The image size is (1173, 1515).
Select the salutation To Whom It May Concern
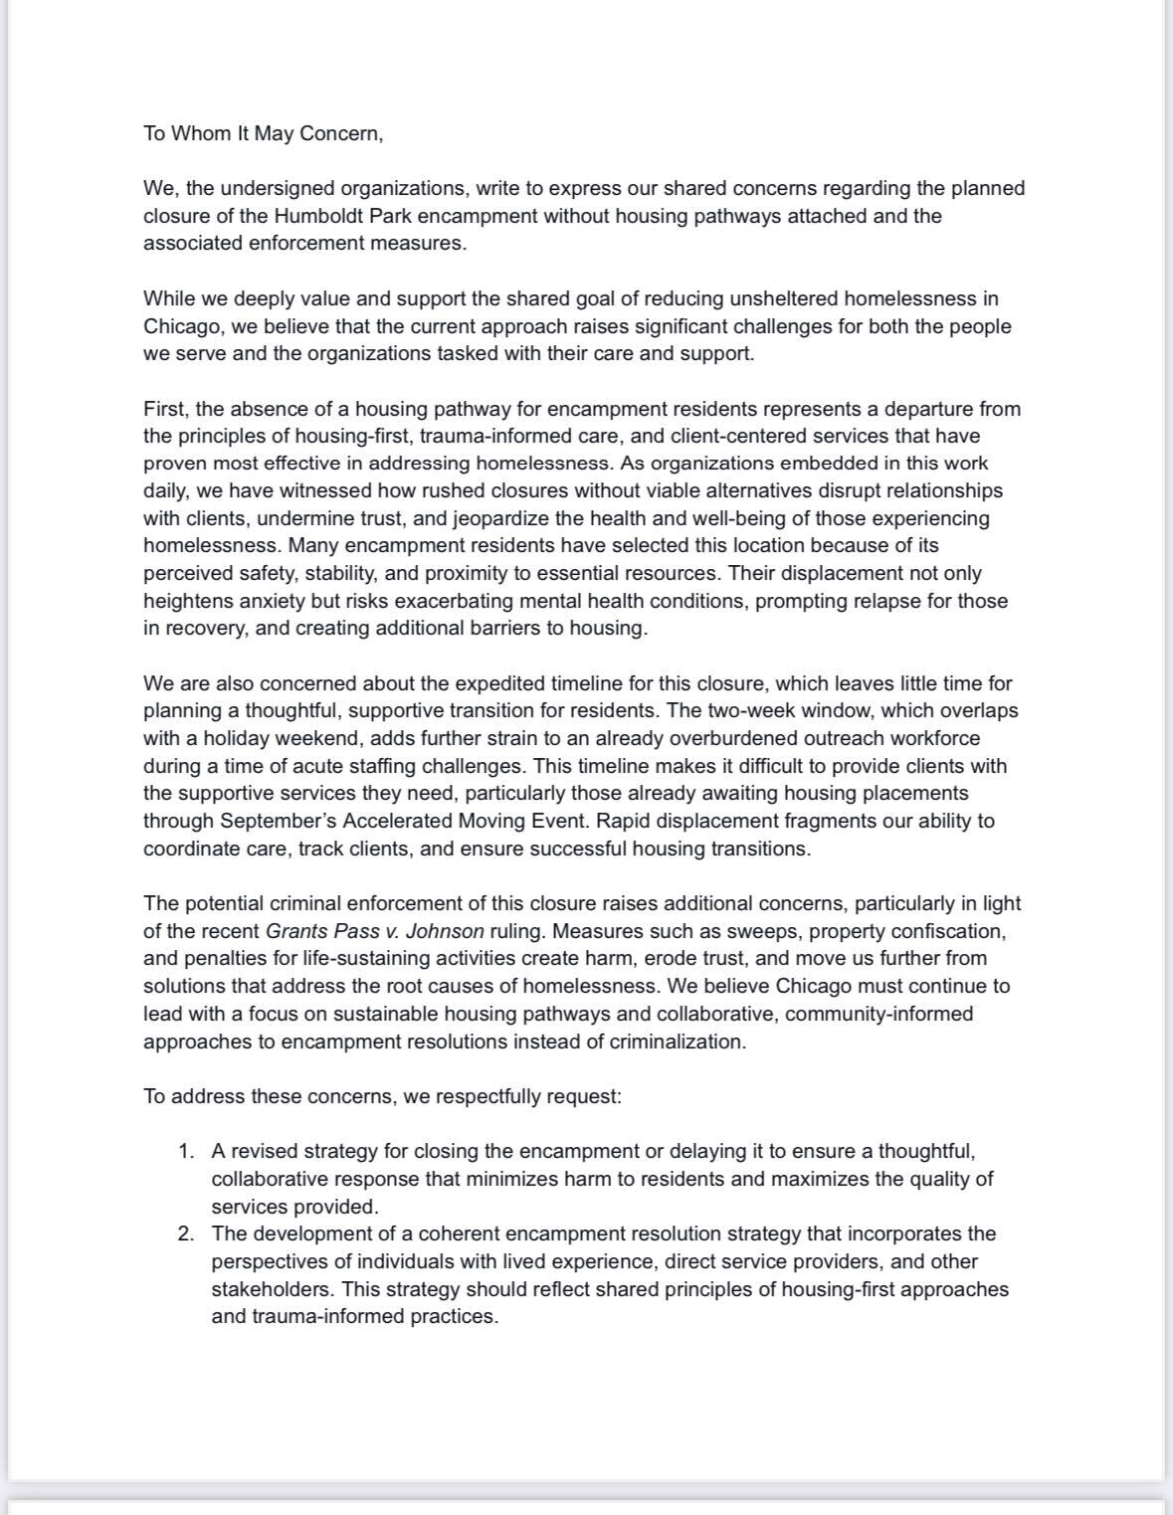[263, 133]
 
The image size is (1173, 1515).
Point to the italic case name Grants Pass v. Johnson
[374, 932]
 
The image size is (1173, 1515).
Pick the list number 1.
[186, 1152]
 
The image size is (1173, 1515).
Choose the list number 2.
[186, 1234]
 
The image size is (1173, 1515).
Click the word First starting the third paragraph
[164, 409]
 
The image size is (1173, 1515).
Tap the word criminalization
[676, 1042]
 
